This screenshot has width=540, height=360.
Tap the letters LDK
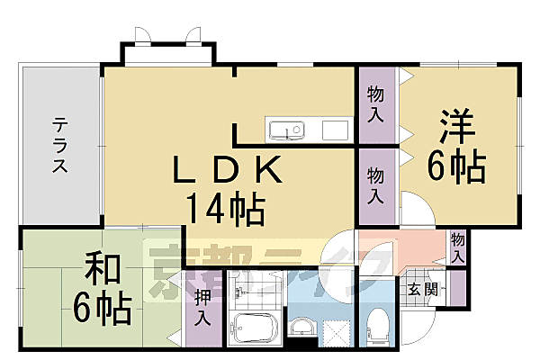[x=228, y=168]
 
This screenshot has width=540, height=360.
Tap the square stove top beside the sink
[x=335, y=130]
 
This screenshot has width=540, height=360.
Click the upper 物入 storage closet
[x=378, y=105]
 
